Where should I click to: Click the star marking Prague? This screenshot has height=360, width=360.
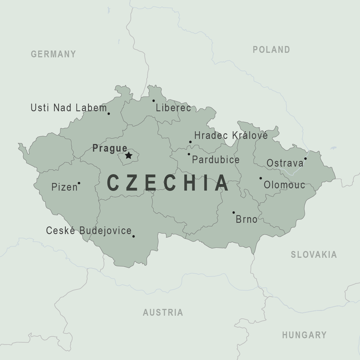128,155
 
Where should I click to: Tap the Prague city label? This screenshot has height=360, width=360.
110,148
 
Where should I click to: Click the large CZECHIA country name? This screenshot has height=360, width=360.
168,183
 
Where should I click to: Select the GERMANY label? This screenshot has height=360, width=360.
53,54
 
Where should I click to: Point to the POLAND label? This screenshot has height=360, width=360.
271,50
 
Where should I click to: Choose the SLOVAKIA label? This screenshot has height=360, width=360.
314,255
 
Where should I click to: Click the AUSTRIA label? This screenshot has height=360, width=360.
163,312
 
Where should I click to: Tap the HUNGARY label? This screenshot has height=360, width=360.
304,335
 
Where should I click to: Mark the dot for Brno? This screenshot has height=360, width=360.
234,212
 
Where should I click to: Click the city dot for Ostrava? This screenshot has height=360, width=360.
305,159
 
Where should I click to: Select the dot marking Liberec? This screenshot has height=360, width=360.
154,101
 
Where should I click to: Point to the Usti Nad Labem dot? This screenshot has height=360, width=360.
109,114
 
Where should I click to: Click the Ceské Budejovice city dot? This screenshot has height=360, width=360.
134,236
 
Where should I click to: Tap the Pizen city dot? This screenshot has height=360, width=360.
79,183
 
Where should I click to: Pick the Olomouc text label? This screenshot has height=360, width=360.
284,185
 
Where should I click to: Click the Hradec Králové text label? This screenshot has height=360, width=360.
231,136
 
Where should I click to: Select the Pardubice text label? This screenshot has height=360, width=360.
216,160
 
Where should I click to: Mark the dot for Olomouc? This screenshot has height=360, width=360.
261,178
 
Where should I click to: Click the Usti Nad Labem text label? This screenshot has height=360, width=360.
69,108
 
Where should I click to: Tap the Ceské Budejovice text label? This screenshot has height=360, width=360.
89,231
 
